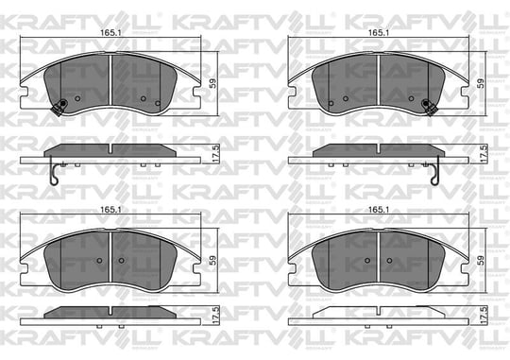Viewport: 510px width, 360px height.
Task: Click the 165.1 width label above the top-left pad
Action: point(110,32)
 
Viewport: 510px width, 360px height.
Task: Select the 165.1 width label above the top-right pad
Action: point(379,32)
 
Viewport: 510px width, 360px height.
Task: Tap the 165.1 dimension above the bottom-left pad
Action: point(110,210)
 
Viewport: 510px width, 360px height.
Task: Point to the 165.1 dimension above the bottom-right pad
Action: point(379,210)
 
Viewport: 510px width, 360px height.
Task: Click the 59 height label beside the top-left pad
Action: point(212,83)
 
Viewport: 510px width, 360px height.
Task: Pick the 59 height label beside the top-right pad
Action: point(481,83)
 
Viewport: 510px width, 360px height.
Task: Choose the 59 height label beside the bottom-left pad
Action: point(212,260)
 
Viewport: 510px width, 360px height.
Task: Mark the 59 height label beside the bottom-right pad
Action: point(481,260)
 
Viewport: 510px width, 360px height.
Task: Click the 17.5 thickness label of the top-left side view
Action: point(216,154)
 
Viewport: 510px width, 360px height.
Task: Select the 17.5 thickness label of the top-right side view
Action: point(484,154)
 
